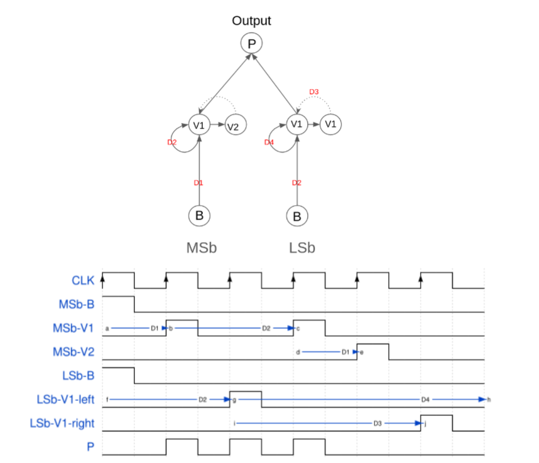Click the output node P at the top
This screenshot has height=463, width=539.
(251, 43)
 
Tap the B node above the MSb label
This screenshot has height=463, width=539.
(199, 215)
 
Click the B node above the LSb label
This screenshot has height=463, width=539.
(297, 216)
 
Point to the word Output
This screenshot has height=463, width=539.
(251, 21)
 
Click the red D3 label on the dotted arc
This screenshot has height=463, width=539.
(314, 92)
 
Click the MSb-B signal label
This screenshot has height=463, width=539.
(77, 304)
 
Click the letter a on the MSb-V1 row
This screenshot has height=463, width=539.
(107, 328)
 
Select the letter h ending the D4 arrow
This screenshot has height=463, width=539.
(489, 399)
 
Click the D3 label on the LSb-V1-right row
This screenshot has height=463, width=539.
(377, 423)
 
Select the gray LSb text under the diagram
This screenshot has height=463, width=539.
(302, 248)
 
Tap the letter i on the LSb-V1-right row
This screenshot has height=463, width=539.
(234, 423)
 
